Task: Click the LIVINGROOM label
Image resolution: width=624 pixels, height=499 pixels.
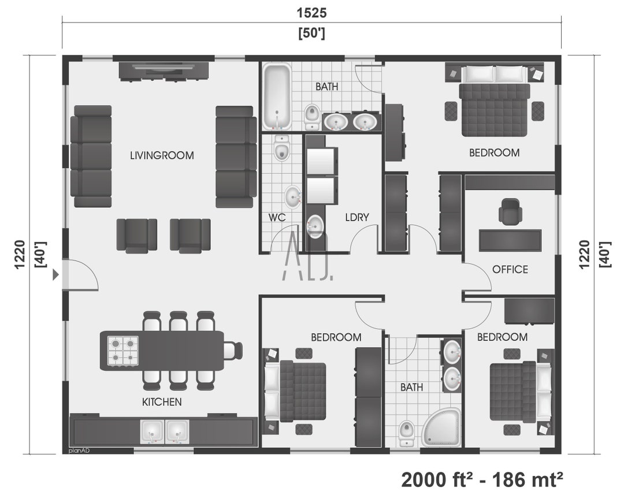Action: coord(162,155)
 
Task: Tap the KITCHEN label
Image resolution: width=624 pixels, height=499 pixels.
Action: coord(162,401)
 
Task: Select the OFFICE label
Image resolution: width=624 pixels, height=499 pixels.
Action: coord(510,269)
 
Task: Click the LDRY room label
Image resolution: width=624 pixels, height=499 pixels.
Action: coord(356,217)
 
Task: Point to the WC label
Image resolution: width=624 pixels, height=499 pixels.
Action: coord(278,217)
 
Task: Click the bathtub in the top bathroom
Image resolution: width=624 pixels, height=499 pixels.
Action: coord(277,96)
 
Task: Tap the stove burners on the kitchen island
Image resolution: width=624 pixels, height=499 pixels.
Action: coord(123,351)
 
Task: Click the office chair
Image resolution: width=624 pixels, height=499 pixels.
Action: coord(510,211)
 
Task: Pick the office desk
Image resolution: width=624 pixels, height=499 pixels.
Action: coord(510,240)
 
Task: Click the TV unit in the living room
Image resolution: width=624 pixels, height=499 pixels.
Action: coord(164,70)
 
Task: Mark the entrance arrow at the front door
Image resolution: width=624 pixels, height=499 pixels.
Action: coord(55,275)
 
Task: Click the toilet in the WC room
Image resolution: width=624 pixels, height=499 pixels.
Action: coord(281,150)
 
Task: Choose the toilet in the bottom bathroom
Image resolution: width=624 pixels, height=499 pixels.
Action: coord(407,431)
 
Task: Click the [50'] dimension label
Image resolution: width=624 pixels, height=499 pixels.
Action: coord(311,33)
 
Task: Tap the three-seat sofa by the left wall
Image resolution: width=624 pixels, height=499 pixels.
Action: coord(91,156)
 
